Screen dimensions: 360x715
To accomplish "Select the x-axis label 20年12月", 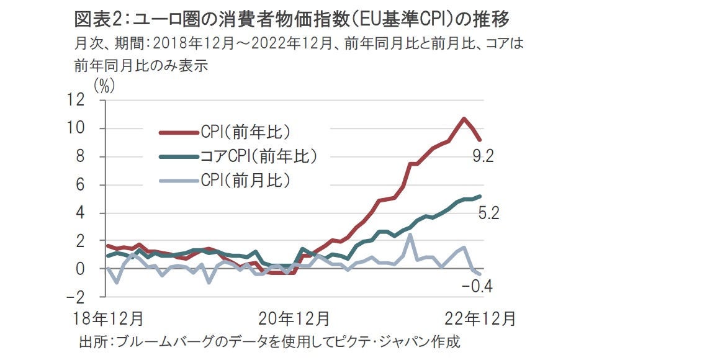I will click(294, 319).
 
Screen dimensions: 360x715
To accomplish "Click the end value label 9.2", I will click(482, 156).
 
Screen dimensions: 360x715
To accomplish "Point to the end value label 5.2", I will click(489, 214).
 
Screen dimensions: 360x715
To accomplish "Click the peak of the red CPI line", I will click(463, 119).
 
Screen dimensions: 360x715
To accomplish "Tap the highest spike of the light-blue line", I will click(411, 235).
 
